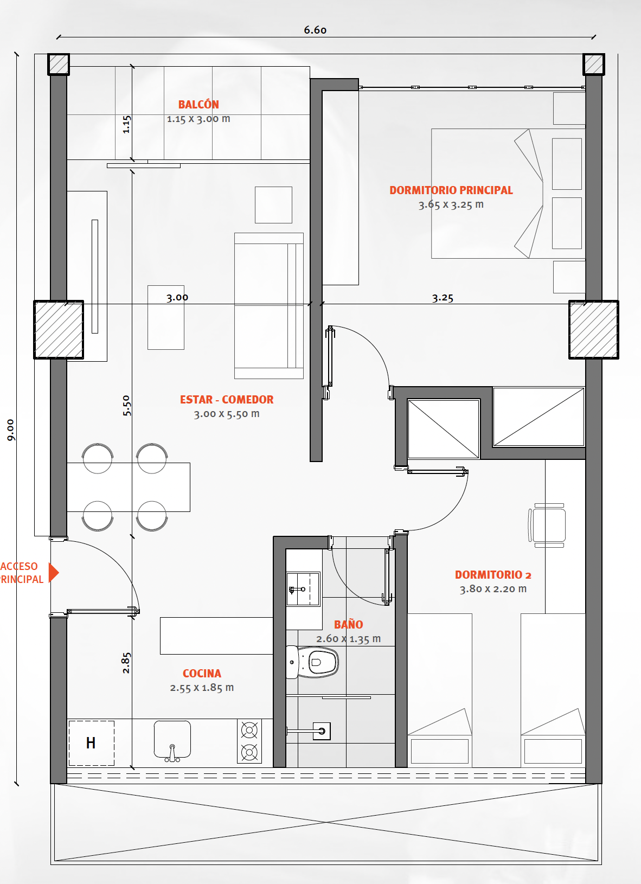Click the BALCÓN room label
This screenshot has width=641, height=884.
click(198, 105)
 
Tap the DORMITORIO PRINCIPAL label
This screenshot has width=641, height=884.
click(451, 190)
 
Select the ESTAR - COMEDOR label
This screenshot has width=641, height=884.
click(227, 399)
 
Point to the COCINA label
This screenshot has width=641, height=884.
click(202, 673)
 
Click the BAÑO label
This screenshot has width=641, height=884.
click(349, 624)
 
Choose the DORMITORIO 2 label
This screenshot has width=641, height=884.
click(493, 575)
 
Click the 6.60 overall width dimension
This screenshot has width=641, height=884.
click(315, 30)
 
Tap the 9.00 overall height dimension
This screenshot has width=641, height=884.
click(10, 430)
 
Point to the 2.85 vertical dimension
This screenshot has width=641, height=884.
click(126, 663)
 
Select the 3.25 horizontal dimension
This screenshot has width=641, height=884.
click(443, 298)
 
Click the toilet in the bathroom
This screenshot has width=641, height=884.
click(312, 662)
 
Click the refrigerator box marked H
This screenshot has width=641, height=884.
click(91, 743)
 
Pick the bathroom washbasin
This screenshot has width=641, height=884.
click(303, 589)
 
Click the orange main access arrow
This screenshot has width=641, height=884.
click(54, 572)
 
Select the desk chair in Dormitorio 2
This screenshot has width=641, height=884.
click(548, 526)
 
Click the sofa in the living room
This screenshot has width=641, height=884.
click(269, 306)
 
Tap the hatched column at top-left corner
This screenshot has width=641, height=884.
click(59, 65)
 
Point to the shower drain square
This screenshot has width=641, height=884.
click(321, 731)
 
